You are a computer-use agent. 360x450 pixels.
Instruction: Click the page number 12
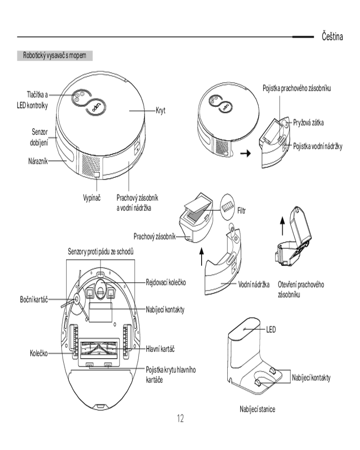click(180, 419)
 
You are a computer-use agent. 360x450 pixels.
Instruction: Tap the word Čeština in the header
click(333, 36)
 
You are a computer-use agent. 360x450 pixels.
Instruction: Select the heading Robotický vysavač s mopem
click(54, 56)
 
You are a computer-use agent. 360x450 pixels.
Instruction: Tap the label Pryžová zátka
click(309, 122)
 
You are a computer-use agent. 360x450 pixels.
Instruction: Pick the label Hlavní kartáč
click(160, 348)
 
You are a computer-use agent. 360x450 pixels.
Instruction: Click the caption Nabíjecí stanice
click(257, 409)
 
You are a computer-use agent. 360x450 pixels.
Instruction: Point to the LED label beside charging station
click(270, 329)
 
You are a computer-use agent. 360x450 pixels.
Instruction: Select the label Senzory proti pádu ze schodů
click(100, 251)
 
